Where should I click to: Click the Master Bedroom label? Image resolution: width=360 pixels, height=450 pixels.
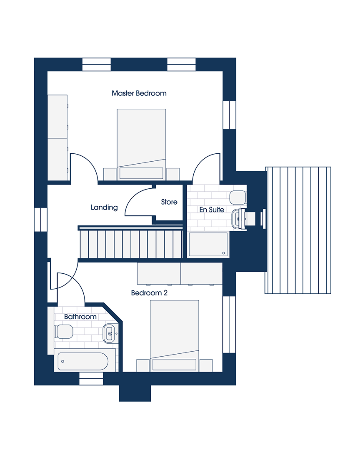tap(139, 93)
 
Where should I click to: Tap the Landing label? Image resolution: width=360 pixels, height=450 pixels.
tap(104, 207)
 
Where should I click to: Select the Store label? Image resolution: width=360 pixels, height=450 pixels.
tap(169, 202)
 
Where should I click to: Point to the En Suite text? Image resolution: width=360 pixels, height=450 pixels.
tap(212, 210)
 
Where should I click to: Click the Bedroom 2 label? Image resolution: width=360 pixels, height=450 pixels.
tap(149, 293)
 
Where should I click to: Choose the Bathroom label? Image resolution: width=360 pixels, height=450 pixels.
tap(80, 317)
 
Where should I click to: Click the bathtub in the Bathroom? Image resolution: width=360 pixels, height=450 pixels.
tap(83, 361)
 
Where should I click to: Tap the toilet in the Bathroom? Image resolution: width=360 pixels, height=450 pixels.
tap(63, 332)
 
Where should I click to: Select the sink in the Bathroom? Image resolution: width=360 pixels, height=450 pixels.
tap(109, 333)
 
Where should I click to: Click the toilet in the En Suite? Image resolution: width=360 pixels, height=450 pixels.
tap(237, 197)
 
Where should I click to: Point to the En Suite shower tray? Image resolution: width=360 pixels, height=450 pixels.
tap(208, 244)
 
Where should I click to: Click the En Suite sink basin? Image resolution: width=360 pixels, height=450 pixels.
tap(239, 219)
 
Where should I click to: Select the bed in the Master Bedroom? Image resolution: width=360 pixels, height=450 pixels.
tap(141, 144)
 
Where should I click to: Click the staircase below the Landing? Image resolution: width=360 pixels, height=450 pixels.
tap(131, 244)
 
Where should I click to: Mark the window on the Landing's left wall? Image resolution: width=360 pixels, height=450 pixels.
tap(40, 219)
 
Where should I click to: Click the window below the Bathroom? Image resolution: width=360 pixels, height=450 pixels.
tap(91, 378)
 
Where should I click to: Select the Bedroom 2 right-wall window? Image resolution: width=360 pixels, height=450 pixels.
tap(229, 324)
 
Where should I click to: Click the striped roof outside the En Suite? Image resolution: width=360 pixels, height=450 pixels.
tap(297, 230)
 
